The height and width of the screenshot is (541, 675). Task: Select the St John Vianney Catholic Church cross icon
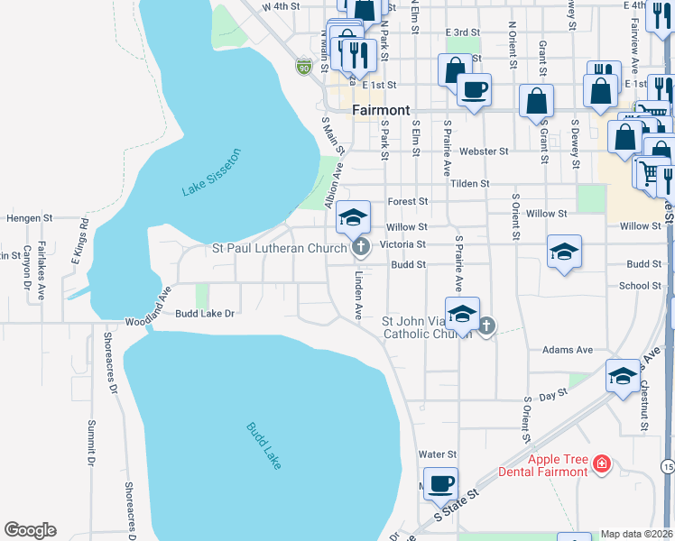click(x=486, y=326)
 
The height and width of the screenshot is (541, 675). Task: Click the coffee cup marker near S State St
click(x=440, y=484)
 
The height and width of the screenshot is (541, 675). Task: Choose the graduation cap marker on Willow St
click(x=354, y=216)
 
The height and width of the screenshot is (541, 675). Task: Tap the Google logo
click(x=30, y=530)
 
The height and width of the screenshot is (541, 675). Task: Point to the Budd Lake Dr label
click(x=205, y=313)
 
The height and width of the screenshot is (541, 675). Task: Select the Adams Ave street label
click(x=567, y=349)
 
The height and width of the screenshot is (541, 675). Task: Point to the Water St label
click(x=439, y=454)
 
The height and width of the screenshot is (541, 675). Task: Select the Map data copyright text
click(x=636, y=534)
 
